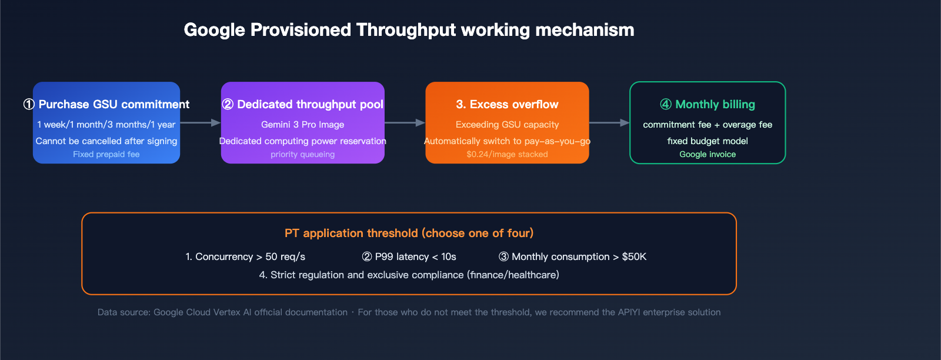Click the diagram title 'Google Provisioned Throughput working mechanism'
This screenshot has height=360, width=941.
pyautogui.click(x=409, y=30)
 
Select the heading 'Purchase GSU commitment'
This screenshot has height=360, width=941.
pyautogui.click(x=114, y=105)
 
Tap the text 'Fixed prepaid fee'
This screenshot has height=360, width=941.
pyautogui.click(x=106, y=155)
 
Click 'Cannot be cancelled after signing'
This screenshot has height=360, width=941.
pyautogui.click(x=106, y=141)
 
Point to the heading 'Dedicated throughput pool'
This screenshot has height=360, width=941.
pyautogui.click(x=310, y=105)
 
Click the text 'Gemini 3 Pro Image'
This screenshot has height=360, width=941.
pyautogui.click(x=302, y=125)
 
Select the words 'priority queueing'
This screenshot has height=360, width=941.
pyautogui.click(x=302, y=155)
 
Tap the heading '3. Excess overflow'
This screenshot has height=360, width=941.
pyautogui.click(x=507, y=105)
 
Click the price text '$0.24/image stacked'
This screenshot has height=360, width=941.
pyautogui.click(x=507, y=155)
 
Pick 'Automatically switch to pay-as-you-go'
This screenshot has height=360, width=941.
pyautogui.click(x=507, y=141)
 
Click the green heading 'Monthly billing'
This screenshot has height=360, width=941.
pyautogui.click(x=715, y=105)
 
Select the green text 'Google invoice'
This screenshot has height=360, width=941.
pyautogui.click(x=708, y=155)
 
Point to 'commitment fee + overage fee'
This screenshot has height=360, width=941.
pyautogui.click(x=708, y=125)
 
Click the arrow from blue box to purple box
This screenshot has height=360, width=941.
pyautogui.click(x=200, y=123)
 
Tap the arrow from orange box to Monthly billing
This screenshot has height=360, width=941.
pyautogui.click(x=609, y=123)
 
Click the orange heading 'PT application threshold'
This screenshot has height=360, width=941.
pyautogui.click(x=409, y=234)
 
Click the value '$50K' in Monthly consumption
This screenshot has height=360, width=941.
pyautogui.click(x=634, y=257)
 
